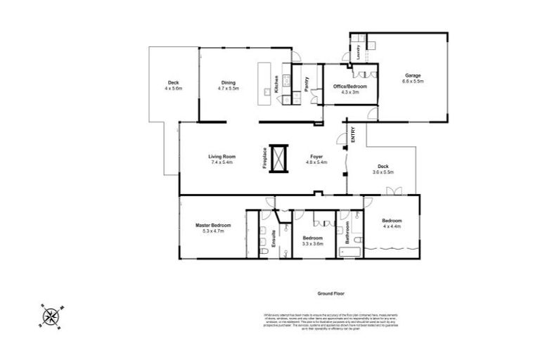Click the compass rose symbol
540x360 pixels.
pyautogui.click(x=51, y=316)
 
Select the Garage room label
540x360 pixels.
pyautogui.click(x=413, y=78)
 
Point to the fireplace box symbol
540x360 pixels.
pyautogui.click(x=279, y=158)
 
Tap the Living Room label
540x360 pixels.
pyautogui.click(x=221, y=158)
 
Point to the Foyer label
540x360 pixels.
pyautogui.click(x=316, y=157)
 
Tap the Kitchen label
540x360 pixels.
pyautogui.click(x=277, y=84)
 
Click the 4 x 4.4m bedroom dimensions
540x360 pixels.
pyautogui.click(x=392, y=226)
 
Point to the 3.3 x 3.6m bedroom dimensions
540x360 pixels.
pyautogui.click(x=312, y=243)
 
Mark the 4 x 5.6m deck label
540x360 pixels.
pyautogui.click(x=173, y=89)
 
